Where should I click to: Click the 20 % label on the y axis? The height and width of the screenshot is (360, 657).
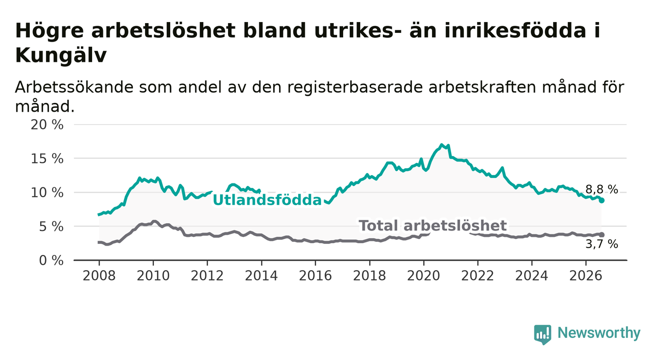click(47, 125)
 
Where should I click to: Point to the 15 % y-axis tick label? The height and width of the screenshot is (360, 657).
click(47, 159)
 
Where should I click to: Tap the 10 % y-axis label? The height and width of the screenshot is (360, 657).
click(47, 193)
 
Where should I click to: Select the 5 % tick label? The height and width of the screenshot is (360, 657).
click(51, 227)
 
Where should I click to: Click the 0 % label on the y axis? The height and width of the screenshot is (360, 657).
click(51, 260)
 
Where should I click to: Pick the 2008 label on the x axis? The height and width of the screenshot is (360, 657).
click(99, 276)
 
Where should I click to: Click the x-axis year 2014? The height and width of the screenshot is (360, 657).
click(261, 276)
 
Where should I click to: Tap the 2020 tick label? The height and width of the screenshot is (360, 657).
click(424, 276)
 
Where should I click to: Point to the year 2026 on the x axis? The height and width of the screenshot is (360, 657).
click(586, 276)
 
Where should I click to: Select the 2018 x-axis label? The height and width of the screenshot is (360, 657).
click(370, 276)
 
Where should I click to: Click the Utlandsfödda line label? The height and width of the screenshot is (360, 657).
click(267, 200)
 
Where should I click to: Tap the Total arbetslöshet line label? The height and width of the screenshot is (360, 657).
click(433, 226)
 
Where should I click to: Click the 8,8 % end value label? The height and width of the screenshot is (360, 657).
click(602, 189)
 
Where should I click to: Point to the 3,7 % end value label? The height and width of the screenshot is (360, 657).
click(602, 244)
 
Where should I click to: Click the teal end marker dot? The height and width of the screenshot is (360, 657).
click(602, 201)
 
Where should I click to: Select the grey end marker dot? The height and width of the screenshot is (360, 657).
click(602, 235)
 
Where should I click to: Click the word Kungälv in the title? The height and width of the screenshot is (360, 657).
click(61, 55)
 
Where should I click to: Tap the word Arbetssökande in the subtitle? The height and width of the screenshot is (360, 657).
click(74, 87)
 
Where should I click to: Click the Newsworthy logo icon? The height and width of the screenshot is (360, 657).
click(543, 334)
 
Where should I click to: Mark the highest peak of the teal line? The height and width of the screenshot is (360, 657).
click(441, 145)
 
